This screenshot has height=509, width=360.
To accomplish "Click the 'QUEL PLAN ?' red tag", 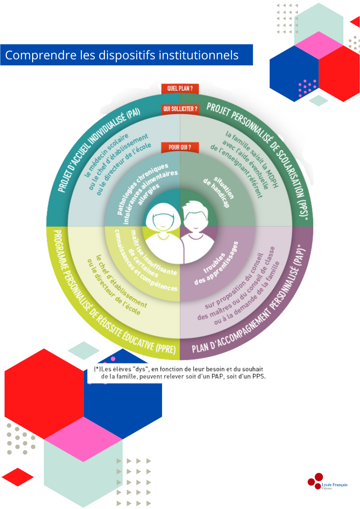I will click(180, 89).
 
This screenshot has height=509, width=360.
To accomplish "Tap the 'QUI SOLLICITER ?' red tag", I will click(180, 109).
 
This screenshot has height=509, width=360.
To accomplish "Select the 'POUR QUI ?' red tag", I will click(180, 147).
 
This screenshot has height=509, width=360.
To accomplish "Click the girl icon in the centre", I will click(162, 225).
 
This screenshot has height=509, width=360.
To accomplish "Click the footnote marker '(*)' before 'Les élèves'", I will click(97, 369).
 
